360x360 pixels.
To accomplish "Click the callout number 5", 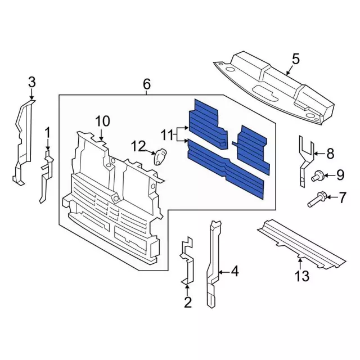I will click(x=296, y=58).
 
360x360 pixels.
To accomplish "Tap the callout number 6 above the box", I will click(x=147, y=84).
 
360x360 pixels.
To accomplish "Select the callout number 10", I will click(x=102, y=121).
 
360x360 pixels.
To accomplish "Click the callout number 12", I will click(x=138, y=147).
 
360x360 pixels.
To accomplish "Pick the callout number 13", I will click(x=302, y=276).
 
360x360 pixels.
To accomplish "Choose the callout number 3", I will click(x=31, y=83).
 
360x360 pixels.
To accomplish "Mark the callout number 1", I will click(x=48, y=133).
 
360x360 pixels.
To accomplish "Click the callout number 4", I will click(x=235, y=272).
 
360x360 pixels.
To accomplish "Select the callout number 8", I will click(x=330, y=152).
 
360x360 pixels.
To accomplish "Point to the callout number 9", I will click(x=340, y=176).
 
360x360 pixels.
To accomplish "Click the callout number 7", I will click(x=341, y=198).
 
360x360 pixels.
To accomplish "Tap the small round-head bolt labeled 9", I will click(x=317, y=177).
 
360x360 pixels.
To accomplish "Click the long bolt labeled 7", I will click(x=316, y=199).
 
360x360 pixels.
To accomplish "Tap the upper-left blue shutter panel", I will click(x=206, y=120).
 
